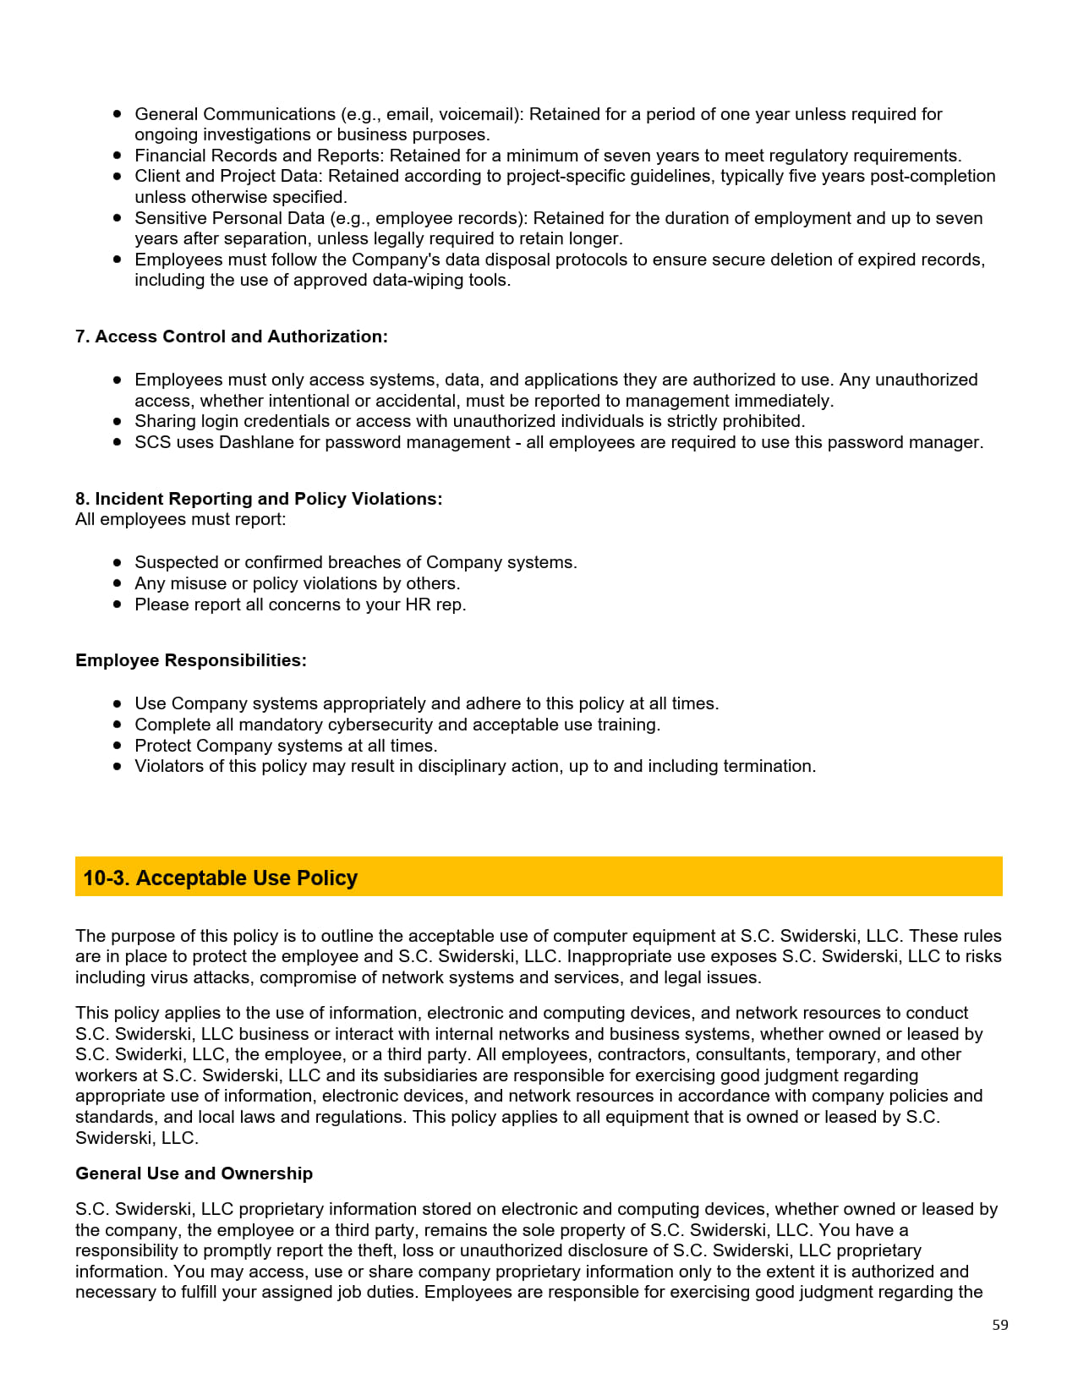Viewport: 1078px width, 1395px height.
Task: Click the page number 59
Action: point(999,1325)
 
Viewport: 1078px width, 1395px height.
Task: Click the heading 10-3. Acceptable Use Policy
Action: point(220,878)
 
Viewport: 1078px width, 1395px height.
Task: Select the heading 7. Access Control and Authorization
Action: point(231,336)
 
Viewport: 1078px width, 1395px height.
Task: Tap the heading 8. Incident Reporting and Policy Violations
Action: point(258,499)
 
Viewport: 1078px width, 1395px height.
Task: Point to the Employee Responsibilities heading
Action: point(190,660)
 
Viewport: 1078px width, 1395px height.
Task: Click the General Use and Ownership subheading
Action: point(194,1173)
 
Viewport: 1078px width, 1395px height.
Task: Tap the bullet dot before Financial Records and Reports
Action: point(118,155)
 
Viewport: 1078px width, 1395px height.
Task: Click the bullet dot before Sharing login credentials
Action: point(118,420)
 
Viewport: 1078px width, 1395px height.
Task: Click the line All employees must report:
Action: point(180,519)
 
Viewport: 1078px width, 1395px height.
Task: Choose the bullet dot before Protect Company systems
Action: point(118,745)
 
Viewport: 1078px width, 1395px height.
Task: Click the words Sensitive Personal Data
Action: point(229,218)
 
